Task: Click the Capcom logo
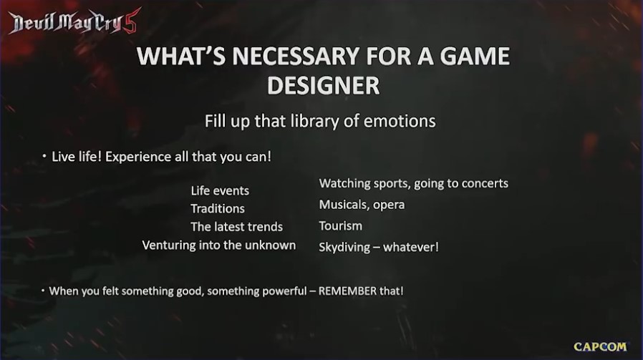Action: click(x=600, y=347)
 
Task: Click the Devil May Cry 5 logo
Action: click(x=74, y=21)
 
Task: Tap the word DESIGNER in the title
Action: click(x=323, y=85)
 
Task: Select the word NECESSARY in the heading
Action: click(x=296, y=56)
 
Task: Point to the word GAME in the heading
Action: click(x=475, y=56)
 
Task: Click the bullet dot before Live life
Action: click(x=44, y=156)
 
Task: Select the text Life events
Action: click(x=220, y=190)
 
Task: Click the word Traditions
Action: click(x=218, y=209)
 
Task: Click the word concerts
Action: click(x=485, y=183)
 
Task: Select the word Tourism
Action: click(x=341, y=226)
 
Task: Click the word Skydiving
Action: click(x=344, y=248)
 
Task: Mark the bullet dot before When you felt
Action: click(x=43, y=291)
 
